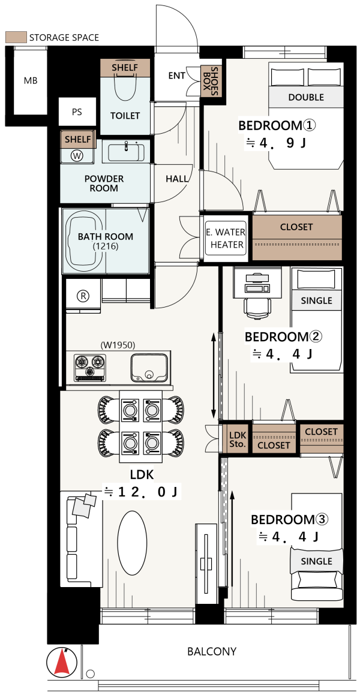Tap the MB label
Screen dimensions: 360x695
(x=31, y=81)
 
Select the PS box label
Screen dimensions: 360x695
(x=77, y=112)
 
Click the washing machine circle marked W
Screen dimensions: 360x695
(x=77, y=155)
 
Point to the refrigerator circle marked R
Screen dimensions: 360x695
(x=83, y=296)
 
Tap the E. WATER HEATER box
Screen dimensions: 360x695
(x=225, y=239)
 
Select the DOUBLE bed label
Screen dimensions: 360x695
(x=306, y=97)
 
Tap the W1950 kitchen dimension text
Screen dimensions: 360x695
(x=118, y=344)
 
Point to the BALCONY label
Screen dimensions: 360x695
(x=211, y=652)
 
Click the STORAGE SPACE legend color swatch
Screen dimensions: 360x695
(x=16, y=37)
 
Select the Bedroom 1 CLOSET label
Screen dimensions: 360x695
(x=296, y=227)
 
